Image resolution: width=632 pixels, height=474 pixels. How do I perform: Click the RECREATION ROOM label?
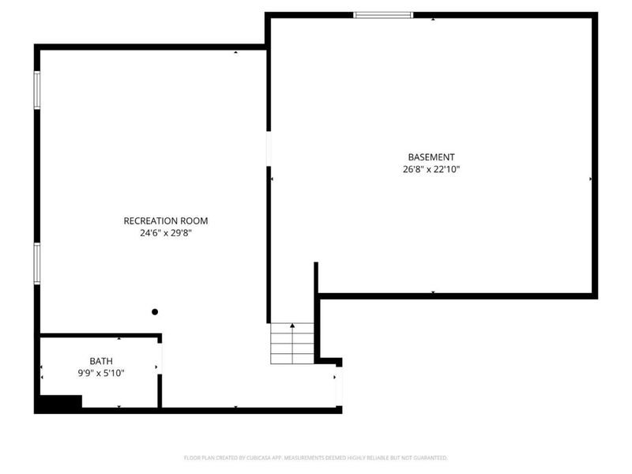(x=166, y=221)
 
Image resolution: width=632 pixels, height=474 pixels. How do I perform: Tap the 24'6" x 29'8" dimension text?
(x=166, y=233)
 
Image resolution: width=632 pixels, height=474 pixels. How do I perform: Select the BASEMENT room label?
(x=431, y=157)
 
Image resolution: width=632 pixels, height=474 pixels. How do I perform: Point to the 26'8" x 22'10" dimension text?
(x=431, y=169)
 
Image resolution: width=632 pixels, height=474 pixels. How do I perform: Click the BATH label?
(x=101, y=361)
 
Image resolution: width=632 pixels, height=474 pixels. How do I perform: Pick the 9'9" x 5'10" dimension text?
(x=101, y=373)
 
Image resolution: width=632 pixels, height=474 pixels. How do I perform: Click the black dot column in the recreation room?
(x=155, y=312)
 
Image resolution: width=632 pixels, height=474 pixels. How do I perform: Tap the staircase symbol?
(x=292, y=344)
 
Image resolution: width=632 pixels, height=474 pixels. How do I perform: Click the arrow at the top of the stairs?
(x=292, y=325)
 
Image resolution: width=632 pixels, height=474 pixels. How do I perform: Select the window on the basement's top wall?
(x=383, y=15)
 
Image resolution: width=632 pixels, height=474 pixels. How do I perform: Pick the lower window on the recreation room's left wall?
(x=36, y=262)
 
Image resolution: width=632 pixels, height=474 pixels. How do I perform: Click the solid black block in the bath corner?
(x=61, y=403)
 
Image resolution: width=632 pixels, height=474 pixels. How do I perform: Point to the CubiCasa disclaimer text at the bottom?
(x=316, y=457)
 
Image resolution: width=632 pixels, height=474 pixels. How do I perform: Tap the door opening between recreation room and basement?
(x=269, y=148)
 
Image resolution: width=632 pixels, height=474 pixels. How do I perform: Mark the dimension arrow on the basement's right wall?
(x=591, y=180)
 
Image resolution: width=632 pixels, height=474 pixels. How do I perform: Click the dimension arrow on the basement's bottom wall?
(x=433, y=292)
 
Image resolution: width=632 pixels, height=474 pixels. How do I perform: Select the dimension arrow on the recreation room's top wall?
(x=235, y=52)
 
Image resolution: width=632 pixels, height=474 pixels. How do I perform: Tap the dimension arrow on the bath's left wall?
(x=42, y=367)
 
